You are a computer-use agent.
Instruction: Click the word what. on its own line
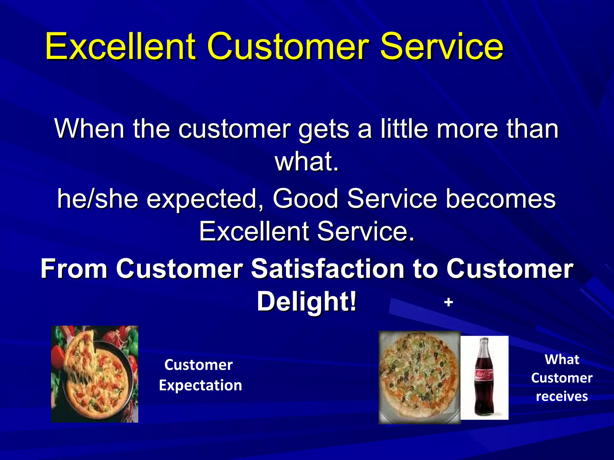(307, 162)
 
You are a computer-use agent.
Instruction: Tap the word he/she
(98, 199)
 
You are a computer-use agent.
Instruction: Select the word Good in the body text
(306, 199)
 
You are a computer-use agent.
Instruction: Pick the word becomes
(500, 199)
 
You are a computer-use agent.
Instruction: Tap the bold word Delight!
(307, 301)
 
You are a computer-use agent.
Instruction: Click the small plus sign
(448, 302)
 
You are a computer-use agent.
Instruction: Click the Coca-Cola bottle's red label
(484, 374)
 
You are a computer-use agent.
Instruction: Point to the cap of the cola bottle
(484, 340)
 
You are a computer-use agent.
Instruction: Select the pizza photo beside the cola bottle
(419, 377)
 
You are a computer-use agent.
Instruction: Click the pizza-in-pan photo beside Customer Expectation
(94, 374)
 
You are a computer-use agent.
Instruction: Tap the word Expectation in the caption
(200, 385)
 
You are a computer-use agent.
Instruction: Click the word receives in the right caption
(562, 397)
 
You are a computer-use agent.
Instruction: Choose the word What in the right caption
(562, 359)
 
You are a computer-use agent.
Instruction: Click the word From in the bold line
(74, 269)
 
